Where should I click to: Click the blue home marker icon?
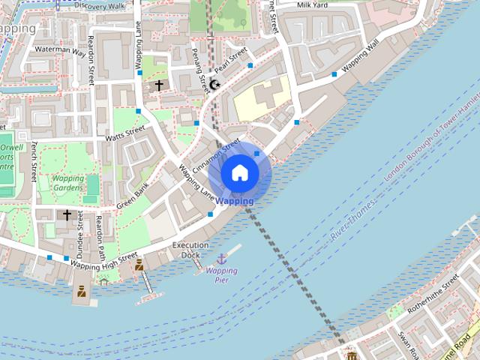[239, 173]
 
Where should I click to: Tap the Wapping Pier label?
[221, 275]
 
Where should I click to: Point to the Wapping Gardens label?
[68, 184]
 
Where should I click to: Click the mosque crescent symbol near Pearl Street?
[214, 85]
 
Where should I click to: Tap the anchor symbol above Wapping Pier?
[221, 259]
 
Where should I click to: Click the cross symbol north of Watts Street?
[158, 85]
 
